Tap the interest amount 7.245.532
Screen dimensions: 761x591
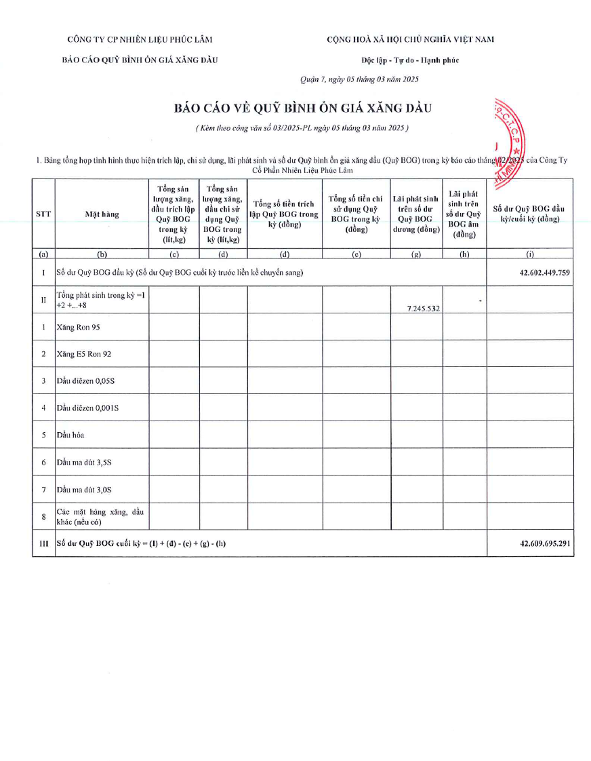point(424,308)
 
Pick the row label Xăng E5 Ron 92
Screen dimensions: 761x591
point(83,354)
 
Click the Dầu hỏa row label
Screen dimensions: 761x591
point(70,435)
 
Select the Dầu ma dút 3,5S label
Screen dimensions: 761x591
point(84,463)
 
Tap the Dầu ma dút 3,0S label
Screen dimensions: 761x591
point(84,490)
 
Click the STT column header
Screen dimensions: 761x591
point(43,214)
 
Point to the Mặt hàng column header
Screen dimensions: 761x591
point(102,214)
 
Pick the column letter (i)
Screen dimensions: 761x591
point(530,255)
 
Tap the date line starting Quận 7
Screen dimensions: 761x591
point(359,79)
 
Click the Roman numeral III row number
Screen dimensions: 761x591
point(43,544)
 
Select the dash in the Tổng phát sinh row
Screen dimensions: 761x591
point(480,300)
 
